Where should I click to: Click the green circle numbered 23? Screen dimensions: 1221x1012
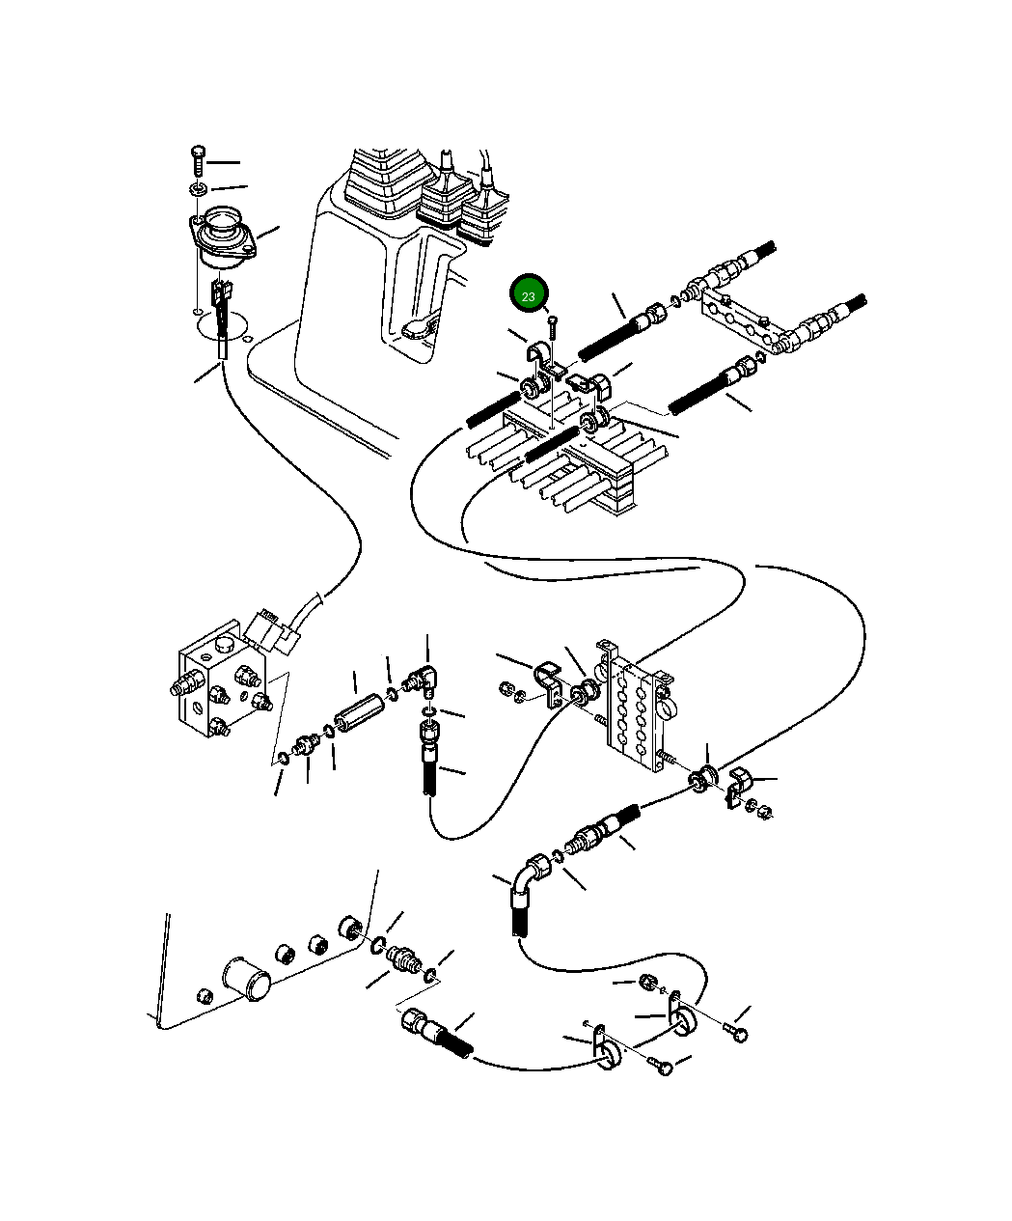click(529, 295)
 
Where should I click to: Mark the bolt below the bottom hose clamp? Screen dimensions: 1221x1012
click(661, 1067)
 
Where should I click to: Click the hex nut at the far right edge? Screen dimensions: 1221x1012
click(761, 812)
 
